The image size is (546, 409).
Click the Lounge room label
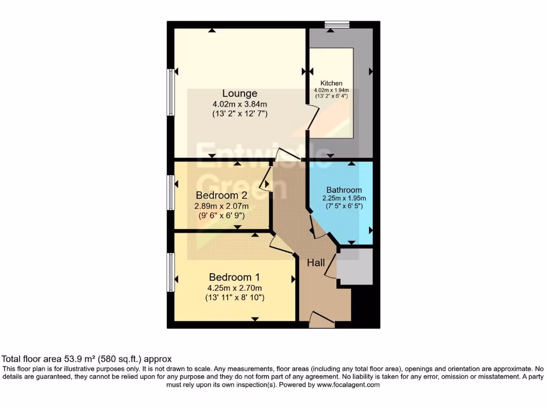(x=240, y=94)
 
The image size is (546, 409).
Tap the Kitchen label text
(x=331, y=83)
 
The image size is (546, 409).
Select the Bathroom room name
(x=344, y=190)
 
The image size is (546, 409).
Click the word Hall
(x=316, y=263)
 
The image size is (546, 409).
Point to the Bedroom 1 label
(x=234, y=277)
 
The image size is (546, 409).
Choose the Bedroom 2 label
(x=221, y=195)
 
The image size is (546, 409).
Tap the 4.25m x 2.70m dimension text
(x=235, y=288)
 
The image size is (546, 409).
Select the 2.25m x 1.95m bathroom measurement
(x=344, y=198)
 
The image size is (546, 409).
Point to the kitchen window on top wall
(x=337, y=24)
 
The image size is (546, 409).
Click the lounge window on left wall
(x=170, y=92)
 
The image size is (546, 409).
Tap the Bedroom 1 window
(x=170, y=272)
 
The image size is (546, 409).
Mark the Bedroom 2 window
(x=170, y=192)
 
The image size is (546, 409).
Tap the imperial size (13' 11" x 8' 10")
(x=235, y=298)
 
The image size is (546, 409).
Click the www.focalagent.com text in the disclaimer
(x=348, y=385)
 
